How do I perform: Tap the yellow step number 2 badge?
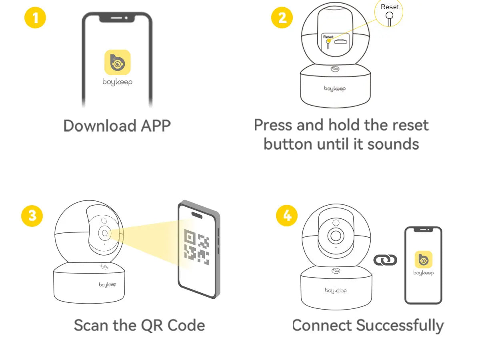click(282, 18)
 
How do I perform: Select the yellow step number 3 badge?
click(32, 216)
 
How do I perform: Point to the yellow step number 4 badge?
click(287, 216)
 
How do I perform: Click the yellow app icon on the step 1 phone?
click(117, 62)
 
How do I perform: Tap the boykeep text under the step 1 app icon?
click(117, 82)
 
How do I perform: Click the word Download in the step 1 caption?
click(100, 126)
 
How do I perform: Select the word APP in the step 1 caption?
click(156, 126)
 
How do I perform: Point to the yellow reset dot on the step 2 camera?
click(328, 41)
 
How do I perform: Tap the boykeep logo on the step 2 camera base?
click(335, 88)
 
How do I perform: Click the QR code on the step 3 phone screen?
click(196, 246)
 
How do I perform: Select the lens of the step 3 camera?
click(105, 233)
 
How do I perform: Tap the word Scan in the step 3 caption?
click(90, 325)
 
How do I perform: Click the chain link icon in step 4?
click(385, 260)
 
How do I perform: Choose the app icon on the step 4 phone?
click(423, 259)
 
